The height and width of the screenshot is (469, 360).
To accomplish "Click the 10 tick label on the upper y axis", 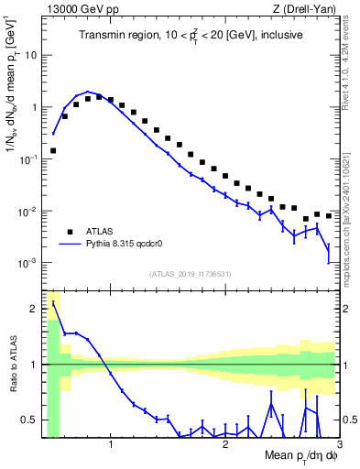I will (x=29, y=55).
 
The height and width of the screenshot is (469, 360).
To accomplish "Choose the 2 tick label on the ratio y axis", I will (x=34, y=309).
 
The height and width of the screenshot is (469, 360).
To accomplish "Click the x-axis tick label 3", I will (x=339, y=446).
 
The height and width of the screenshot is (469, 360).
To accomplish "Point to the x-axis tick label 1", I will (x=111, y=446).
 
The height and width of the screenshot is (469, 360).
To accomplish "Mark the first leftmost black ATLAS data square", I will (x=53, y=150).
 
